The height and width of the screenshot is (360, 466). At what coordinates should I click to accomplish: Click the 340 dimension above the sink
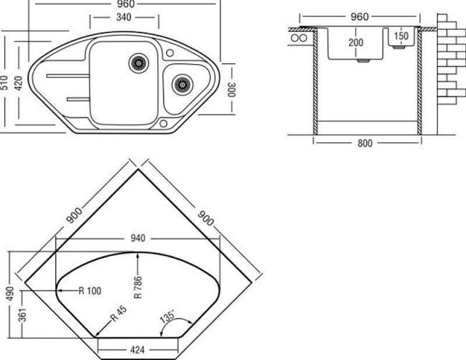click(x=124, y=17)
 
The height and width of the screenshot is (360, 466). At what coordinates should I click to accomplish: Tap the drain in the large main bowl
click(x=138, y=63)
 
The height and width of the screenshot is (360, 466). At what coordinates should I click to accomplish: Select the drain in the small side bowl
click(x=182, y=85)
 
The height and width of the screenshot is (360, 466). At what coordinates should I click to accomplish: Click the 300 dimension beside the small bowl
click(x=232, y=89)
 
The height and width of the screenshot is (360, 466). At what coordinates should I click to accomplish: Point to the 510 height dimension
click(x=4, y=82)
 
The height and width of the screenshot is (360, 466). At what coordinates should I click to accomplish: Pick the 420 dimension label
click(x=18, y=83)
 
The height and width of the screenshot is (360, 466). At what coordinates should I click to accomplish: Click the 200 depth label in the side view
click(x=356, y=42)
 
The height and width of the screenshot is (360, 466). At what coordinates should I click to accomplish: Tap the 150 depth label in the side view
click(x=401, y=36)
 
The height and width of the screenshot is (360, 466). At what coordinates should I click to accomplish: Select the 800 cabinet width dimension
click(x=365, y=143)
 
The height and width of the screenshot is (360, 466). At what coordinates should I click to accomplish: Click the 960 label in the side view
click(x=360, y=17)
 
